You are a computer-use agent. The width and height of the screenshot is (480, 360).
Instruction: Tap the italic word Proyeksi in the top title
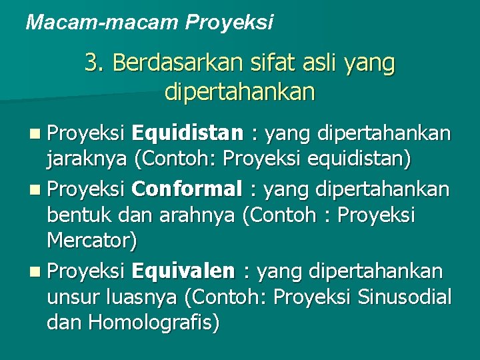click(229, 23)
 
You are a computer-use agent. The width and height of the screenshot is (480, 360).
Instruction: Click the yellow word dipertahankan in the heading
click(239, 91)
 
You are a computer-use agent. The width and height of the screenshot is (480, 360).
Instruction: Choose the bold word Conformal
click(187, 189)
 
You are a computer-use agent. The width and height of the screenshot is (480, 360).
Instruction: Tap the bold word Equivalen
click(183, 271)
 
